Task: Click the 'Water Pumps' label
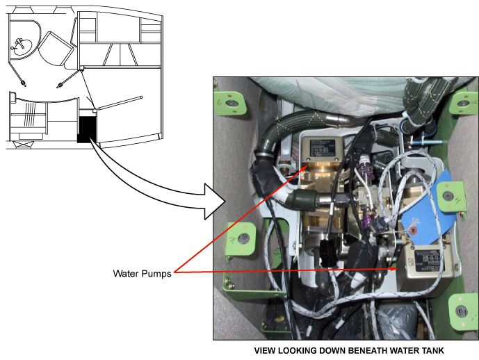click(141, 273)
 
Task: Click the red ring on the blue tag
click(412, 229)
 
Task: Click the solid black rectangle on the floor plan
click(87, 129)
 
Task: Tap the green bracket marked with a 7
click(232, 104)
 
